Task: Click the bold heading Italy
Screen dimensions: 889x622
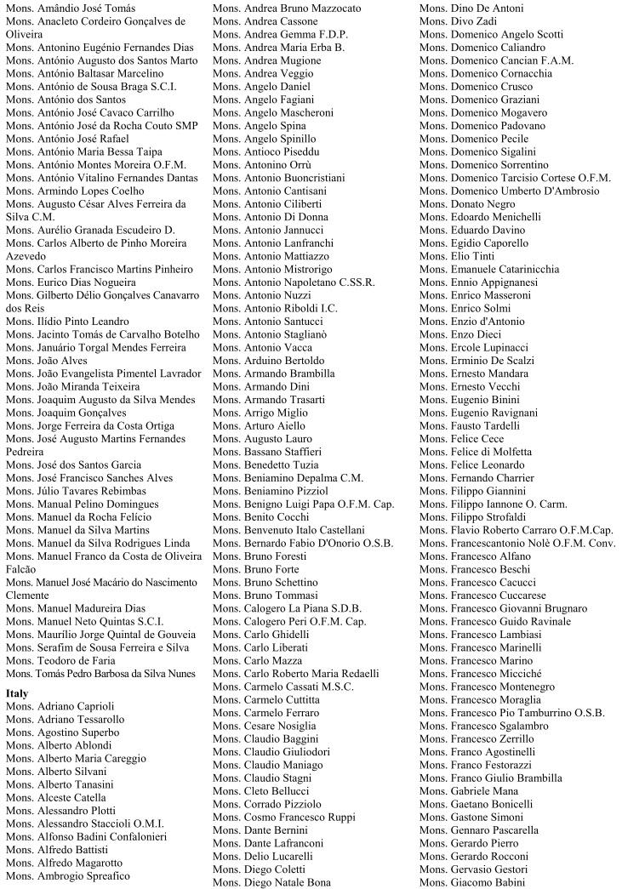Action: [x=17, y=693]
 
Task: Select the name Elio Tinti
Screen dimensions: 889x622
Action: [x=457, y=256]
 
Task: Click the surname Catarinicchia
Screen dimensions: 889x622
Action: [x=531, y=269]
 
